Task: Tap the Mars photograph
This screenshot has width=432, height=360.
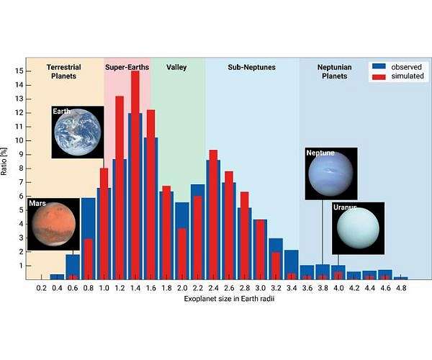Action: click(53, 224)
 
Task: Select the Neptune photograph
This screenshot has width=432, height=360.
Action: click(330, 173)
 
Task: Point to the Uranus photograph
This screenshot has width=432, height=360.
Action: click(358, 228)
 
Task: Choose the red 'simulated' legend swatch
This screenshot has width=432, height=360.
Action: click(379, 76)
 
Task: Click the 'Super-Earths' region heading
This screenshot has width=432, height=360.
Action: click(127, 67)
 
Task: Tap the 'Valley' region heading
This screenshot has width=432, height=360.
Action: click(176, 67)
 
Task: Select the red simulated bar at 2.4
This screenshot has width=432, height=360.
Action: click(213, 216)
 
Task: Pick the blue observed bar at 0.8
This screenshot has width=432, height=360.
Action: click(88, 238)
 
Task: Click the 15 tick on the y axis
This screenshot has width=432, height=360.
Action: click(19, 71)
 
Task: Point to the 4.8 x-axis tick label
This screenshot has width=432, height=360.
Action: click(401, 287)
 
